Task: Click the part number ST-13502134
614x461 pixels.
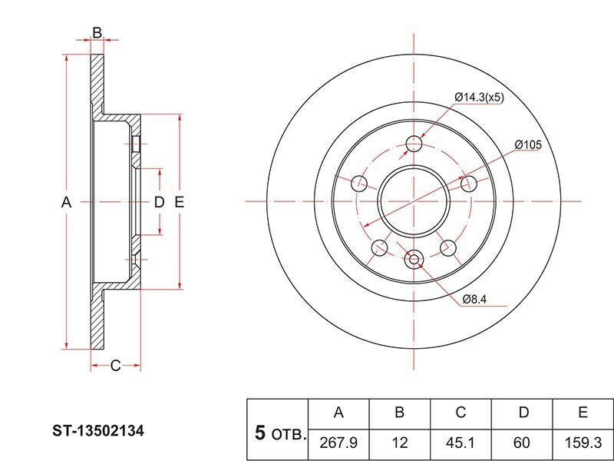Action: (98, 431)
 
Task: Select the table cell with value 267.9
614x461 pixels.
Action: (338, 444)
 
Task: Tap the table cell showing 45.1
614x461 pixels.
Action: (460, 444)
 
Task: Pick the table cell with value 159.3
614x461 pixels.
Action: (583, 444)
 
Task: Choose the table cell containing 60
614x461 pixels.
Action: (522, 444)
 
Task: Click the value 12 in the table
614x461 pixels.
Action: (399, 443)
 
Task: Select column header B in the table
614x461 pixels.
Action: (399, 413)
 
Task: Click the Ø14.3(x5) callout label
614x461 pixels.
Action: (479, 97)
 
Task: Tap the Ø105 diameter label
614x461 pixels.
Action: (528, 144)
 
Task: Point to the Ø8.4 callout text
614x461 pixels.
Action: (474, 299)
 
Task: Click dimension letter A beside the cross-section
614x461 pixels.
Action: (67, 203)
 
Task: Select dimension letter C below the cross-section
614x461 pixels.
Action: (115, 366)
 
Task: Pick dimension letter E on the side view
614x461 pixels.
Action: (179, 202)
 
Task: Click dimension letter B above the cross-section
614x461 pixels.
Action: (97, 32)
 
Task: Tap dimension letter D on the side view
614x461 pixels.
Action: (159, 202)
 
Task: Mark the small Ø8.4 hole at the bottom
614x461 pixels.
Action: (414, 259)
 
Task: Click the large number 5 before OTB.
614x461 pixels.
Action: (260, 433)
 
